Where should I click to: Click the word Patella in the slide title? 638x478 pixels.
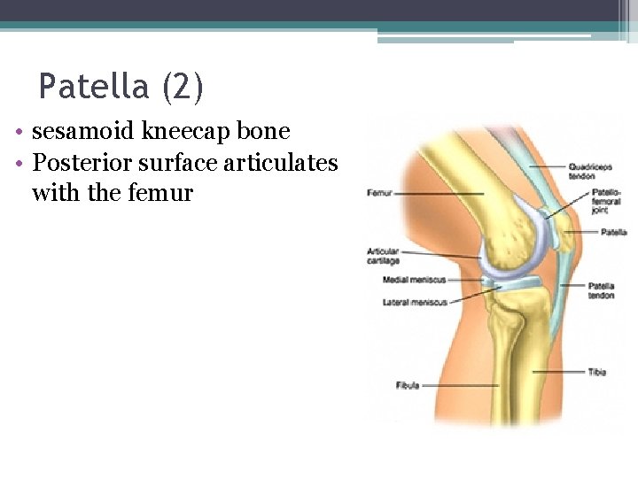click(x=93, y=87)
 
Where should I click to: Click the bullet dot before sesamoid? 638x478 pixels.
click(x=19, y=133)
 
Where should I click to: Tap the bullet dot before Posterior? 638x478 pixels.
click(x=19, y=164)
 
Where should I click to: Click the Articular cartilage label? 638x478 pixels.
click(x=384, y=257)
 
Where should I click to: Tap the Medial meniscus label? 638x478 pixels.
click(x=408, y=280)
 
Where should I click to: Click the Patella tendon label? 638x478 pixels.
click(x=601, y=290)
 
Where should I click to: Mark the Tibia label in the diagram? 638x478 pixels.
click(x=597, y=372)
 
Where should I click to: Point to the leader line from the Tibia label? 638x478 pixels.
click(x=558, y=372)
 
